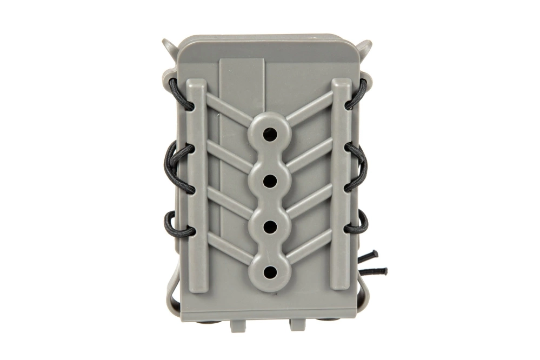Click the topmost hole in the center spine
tap(270, 131)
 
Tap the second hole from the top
tap(270, 177)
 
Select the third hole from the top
tap(270, 223)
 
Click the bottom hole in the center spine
tap(270, 269)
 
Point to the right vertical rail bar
tap(341, 178)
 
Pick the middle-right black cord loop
tap(358, 168)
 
